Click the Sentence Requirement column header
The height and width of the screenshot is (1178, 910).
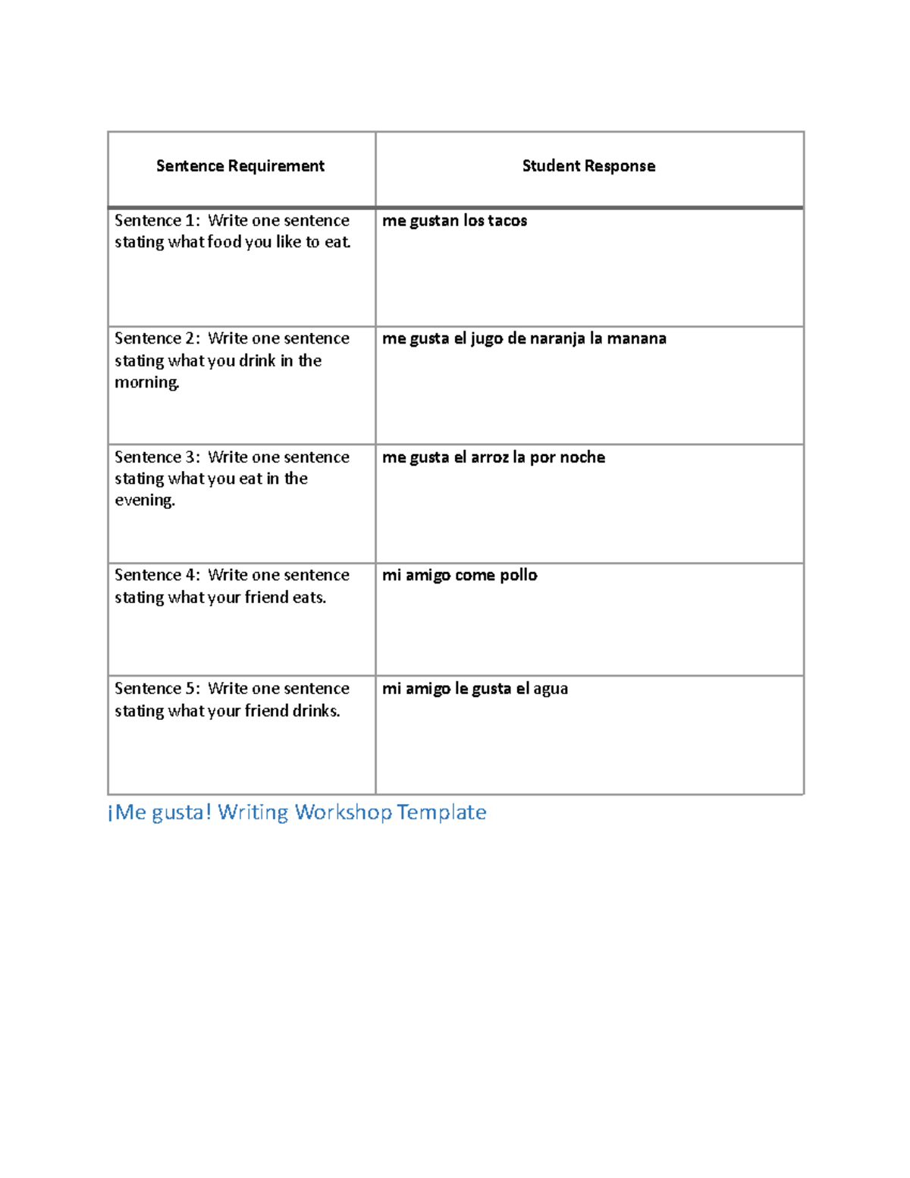[x=240, y=166]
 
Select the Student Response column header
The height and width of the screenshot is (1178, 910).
[x=588, y=166]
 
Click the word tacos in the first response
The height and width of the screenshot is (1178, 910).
[x=507, y=221]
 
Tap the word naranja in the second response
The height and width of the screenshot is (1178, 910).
[x=557, y=339]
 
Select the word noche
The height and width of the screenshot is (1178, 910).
[x=582, y=457]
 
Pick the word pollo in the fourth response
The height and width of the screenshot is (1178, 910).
[x=519, y=576]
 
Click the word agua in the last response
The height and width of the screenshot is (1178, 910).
[x=551, y=690]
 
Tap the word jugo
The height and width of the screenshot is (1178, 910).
[x=487, y=339]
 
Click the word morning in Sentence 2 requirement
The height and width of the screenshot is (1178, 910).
[x=147, y=382]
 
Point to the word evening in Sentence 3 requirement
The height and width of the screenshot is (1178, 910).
[x=145, y=501]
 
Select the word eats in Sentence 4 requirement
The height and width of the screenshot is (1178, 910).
[x=309, y=598]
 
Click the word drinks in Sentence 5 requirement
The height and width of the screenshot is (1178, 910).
[x=315, y=712]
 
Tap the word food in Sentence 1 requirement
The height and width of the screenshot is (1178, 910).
[x=224, y=243]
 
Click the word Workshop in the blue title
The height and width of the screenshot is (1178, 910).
[x=344, y=812]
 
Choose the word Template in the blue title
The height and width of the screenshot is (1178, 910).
[x=441, y=812]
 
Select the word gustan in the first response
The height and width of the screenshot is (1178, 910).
[x=435, y=221]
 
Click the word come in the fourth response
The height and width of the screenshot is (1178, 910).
[x=475, y=576]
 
